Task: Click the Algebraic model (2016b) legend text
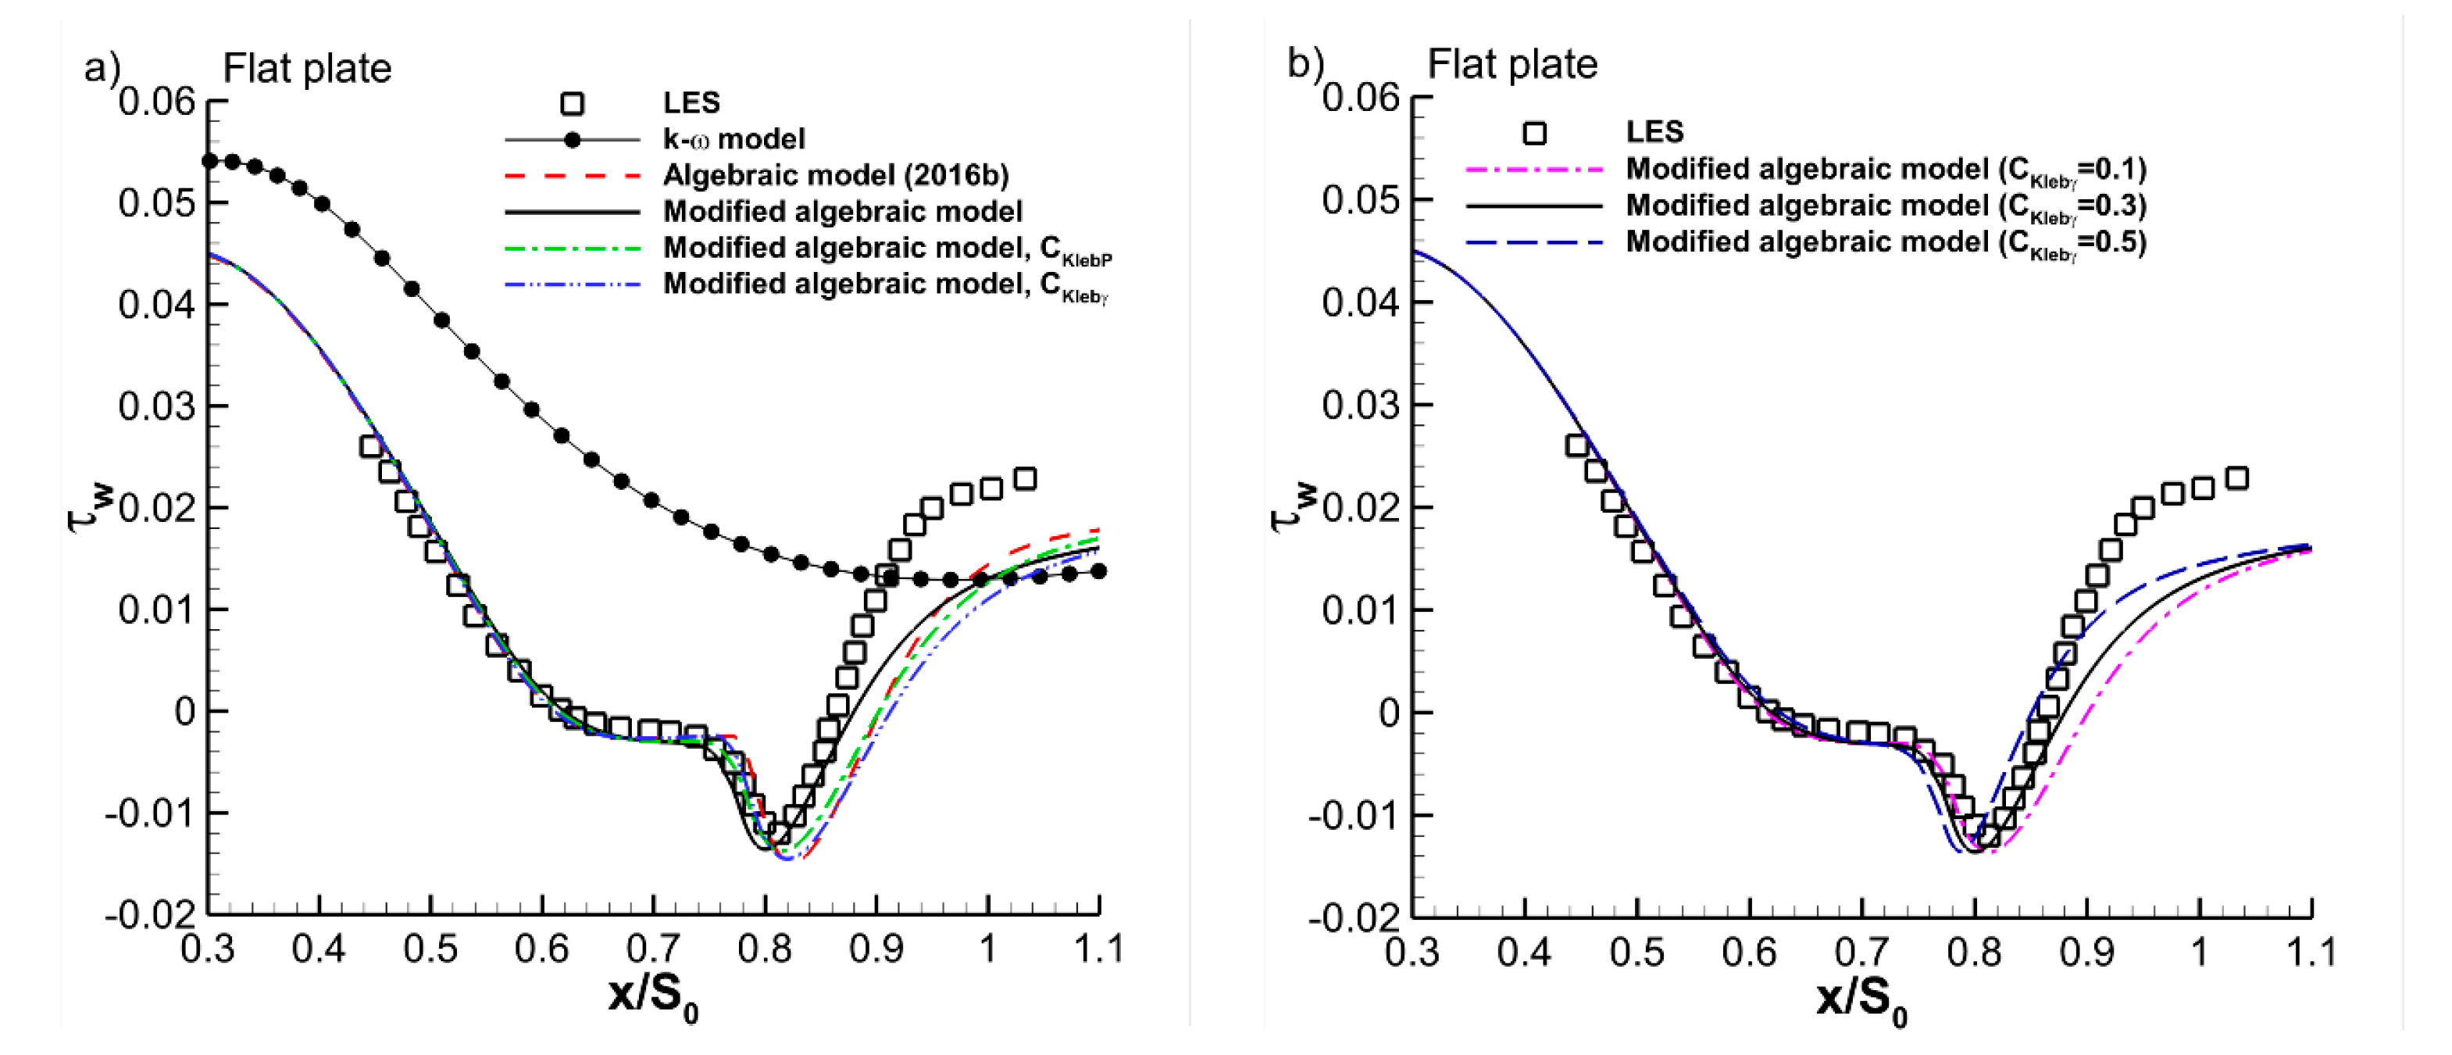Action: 835,175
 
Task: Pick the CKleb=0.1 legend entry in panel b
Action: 1885,170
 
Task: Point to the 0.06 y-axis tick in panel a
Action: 157,101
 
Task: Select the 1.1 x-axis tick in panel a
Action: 1099,949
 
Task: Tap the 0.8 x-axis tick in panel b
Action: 1973,951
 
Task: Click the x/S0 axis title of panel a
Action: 653,997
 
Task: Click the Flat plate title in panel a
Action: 306,69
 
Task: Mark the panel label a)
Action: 102,68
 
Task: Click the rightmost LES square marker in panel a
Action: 1024,478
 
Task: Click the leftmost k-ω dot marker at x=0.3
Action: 209,161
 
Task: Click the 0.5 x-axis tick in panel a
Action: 430,949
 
